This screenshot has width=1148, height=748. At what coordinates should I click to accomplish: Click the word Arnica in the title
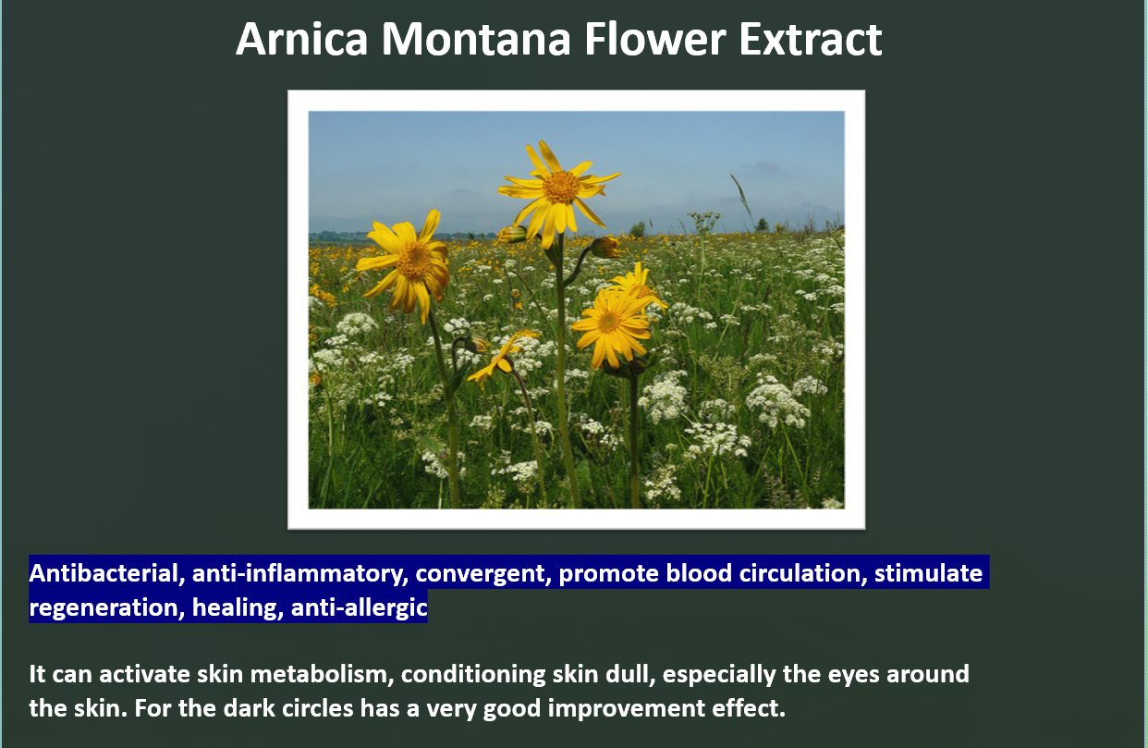pos(302,40)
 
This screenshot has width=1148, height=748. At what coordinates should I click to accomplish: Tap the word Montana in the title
pos(476,40)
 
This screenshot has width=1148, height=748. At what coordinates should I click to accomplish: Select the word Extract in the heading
pos(811,40)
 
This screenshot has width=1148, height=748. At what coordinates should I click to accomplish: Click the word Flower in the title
pos(654,40)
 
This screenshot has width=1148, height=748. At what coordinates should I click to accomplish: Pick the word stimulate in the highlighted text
pos(928,573)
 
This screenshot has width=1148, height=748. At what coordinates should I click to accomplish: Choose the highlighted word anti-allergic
pos(359,607)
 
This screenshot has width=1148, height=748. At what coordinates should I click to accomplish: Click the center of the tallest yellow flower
pos(561,187)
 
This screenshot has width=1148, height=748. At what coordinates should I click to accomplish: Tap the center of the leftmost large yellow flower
pos(414,260)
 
